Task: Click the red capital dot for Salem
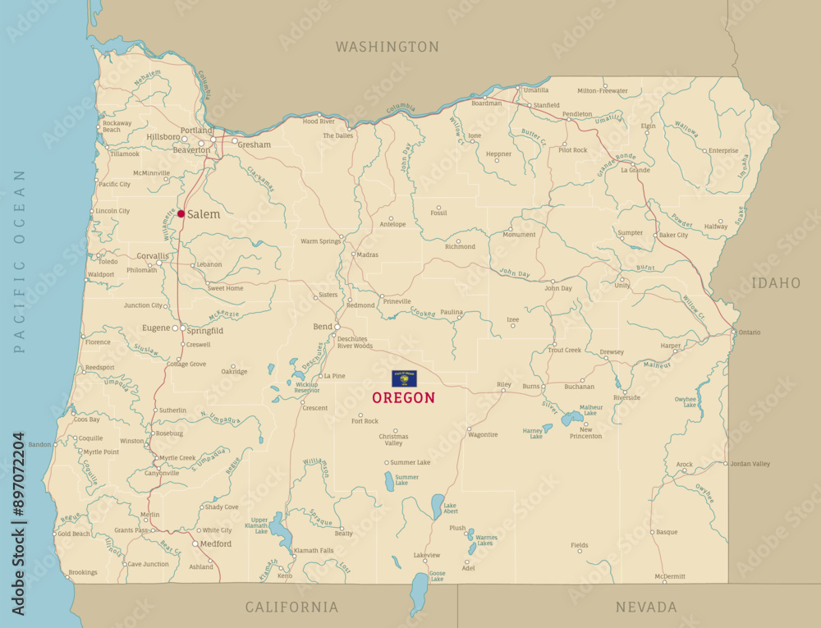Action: point(181,213)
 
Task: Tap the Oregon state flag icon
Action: point(403,378)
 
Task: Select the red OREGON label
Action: point(403,397)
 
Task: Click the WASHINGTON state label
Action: point(387,47)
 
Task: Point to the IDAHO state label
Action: point(775,283)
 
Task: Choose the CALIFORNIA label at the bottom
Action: point(291,607)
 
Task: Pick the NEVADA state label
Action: point(646,607)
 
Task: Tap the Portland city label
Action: point(196,131)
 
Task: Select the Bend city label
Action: point(322,327)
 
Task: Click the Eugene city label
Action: point(155,328)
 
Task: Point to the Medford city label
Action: point(216,543)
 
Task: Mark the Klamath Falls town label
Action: point(314,550)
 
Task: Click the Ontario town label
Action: point(749,332)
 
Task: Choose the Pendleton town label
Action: point(576,114)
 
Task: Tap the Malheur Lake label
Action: point(591,410)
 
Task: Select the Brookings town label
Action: point(82,572)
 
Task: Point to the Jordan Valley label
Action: point(750,464)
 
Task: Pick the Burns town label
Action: point(531,386)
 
